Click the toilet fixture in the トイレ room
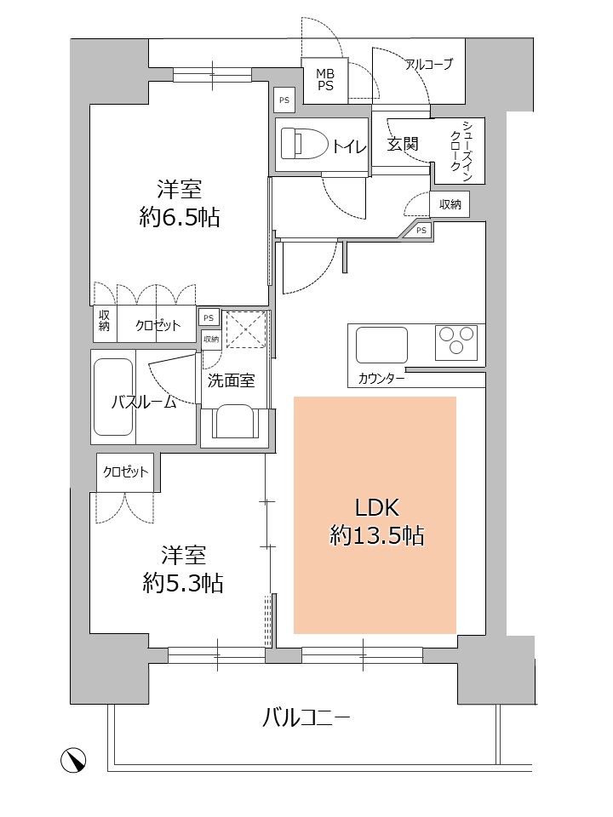[x=304, y=143]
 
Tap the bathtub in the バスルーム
[x=113, y=397]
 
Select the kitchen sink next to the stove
[x=381, y=345]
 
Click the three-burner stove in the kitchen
[x=456, y=342]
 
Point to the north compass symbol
[x=73, y=760]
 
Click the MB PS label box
[x=325, y=80]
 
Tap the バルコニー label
[x=306, y=718]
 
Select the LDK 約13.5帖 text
[x=376, y=521]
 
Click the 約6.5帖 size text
[x=180, y=217]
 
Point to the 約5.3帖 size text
[x=183, y=583]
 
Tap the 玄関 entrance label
[x=403, y=144]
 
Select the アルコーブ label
[x=429, y=64]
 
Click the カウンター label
[x=381, y=379]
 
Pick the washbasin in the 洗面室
[x=236, y=421]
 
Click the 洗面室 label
[x=231, y=380]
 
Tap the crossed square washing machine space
[x=247, y=329]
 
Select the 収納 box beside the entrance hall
[x=450, y=204]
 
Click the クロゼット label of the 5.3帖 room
[x=125, y=472]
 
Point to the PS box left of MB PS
[x=284, y=100]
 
